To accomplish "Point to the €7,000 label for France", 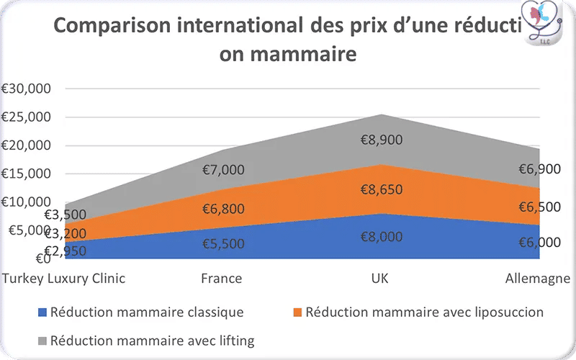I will coord(222,170).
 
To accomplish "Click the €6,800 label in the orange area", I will coord(222,210).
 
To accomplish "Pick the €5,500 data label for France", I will coord(222,243).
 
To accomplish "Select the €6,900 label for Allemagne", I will coord(539,170).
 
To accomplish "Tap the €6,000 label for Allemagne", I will coord(539,243).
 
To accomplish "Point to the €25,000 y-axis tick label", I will coord(26,117).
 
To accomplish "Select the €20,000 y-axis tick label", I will coord(26,145).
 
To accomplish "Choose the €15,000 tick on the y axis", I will coord(26,173).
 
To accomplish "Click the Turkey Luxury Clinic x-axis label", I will coord(64,278).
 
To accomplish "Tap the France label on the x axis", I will coord(222,278).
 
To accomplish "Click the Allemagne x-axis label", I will coord(537,278).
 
